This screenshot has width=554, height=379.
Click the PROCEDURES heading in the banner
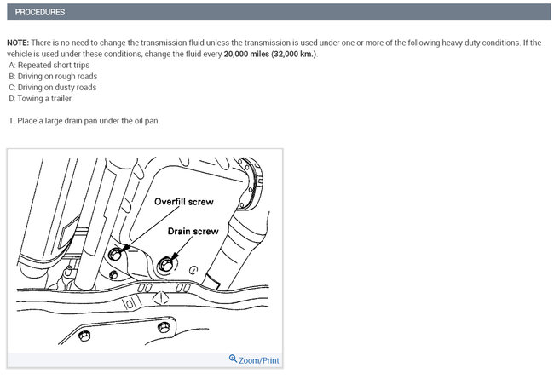click(40, 12)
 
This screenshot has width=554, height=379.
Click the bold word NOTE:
click(18, 43)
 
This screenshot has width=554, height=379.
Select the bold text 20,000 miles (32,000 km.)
click(270, 54)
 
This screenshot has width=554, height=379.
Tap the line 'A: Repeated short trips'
click(49, 65)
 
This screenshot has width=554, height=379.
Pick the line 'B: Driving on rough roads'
click(53, 77)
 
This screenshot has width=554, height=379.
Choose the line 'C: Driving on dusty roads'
click(53, 87)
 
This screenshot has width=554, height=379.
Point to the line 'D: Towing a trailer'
click(40, 99)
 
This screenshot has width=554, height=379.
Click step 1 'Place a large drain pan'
click(84, 121)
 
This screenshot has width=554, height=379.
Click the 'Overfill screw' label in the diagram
click(184, 202)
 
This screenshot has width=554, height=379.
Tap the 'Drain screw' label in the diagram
click(193, 232)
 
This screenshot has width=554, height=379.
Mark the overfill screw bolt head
click(115, 254)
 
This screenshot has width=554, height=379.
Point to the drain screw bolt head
click(165, 264)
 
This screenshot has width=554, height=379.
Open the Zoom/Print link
click(258, 360)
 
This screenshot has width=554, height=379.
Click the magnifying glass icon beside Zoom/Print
click(233, 359)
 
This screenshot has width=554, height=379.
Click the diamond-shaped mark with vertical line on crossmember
click(161, 298)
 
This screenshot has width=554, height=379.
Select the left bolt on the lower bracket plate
click(84, 336)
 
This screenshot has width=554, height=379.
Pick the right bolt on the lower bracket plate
click(164, 327)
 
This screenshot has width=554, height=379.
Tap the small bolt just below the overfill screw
click(113, 274)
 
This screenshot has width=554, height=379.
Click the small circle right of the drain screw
click(193, 271)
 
